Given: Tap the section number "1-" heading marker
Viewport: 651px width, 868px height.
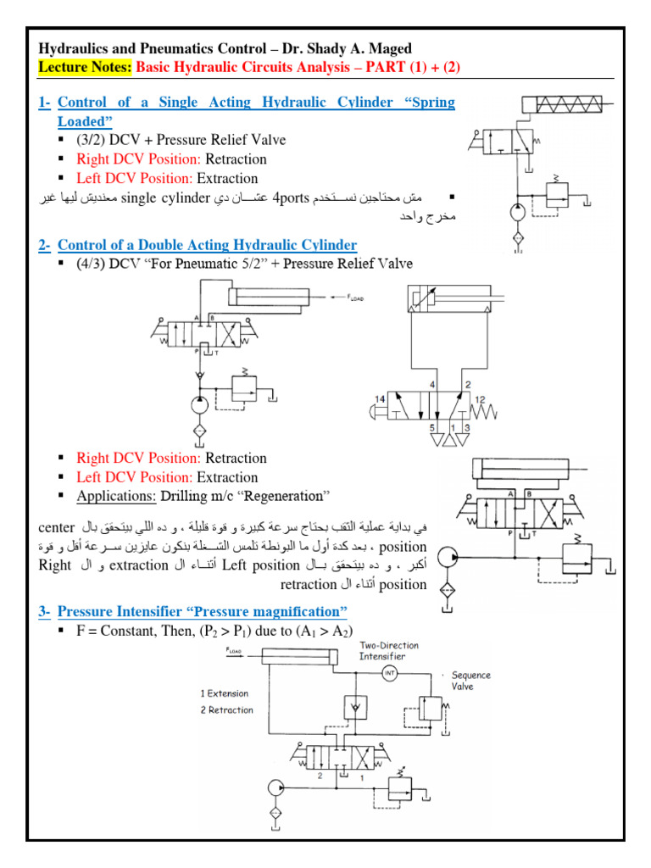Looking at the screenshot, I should pyautogui.click(x=45, y=102).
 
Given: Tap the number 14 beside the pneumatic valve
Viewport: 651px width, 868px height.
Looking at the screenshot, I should pyautogui.click(x=380, y=398).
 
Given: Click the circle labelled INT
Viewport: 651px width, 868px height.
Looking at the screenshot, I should pyautogui.click(x=389, y=673).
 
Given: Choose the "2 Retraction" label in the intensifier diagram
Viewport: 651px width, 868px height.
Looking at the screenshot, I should pyautogui.click(x=226, y=709).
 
